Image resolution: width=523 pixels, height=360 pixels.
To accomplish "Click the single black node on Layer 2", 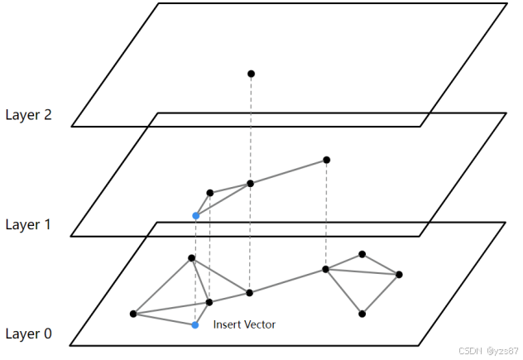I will coord(251,74).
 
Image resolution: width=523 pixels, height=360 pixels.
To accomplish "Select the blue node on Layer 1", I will coord(195,216).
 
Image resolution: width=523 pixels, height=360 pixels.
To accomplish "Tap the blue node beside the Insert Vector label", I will coord(195,325).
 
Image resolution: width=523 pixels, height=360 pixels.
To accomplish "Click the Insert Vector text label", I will coord(244,324).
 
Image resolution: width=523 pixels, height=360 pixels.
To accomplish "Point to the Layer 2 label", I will coord(28,115).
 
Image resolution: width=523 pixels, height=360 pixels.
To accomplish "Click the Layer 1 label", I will coord(28,224).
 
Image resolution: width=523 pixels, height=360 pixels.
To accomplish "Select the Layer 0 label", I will coord(28,334).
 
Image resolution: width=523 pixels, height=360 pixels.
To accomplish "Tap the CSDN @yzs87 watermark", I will coord(487,351).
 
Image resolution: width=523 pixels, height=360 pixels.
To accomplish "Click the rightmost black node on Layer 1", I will coord(326,160).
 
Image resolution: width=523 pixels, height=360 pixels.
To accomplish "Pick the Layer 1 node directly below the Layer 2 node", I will coord(250,184).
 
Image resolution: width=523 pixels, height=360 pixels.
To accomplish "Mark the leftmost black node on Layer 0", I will coord(133,314).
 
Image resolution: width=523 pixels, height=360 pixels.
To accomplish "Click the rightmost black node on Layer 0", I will coord(399,274).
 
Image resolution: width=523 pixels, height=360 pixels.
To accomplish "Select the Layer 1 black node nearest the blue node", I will coord(210,193).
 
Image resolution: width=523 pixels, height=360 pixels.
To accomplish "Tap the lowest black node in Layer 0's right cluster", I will coord(362,314).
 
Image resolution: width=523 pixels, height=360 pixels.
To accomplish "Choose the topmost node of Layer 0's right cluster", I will coord(362,254).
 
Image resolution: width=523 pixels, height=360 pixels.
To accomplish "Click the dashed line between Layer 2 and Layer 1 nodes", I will coord(251,128).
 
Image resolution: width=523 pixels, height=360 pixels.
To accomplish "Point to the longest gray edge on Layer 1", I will coord(288,171).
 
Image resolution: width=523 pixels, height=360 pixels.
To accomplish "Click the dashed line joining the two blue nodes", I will coord(195,273).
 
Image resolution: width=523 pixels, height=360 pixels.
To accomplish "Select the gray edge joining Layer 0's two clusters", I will coord(287,281).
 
